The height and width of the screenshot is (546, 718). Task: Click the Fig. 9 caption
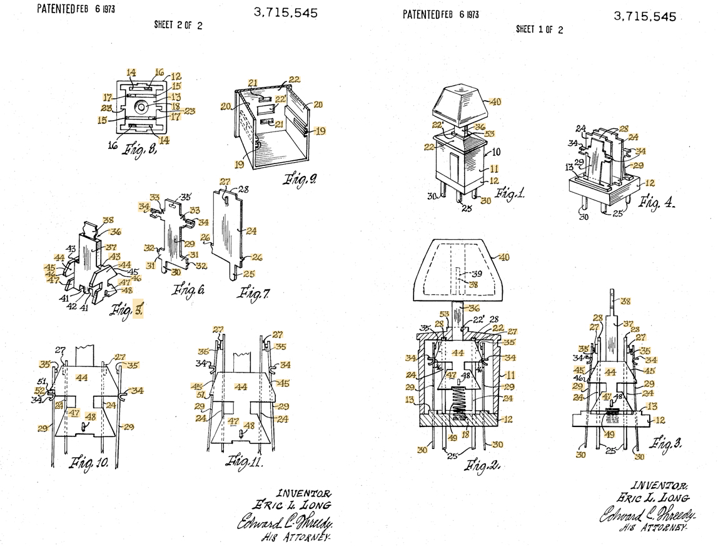coord(300,180)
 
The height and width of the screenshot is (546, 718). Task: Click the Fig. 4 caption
coord(657,202)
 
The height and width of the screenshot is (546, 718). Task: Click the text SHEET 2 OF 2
coord(178,26)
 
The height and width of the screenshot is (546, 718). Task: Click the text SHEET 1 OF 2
coord(539,29)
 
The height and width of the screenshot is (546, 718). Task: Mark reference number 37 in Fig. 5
coord(111,247)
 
